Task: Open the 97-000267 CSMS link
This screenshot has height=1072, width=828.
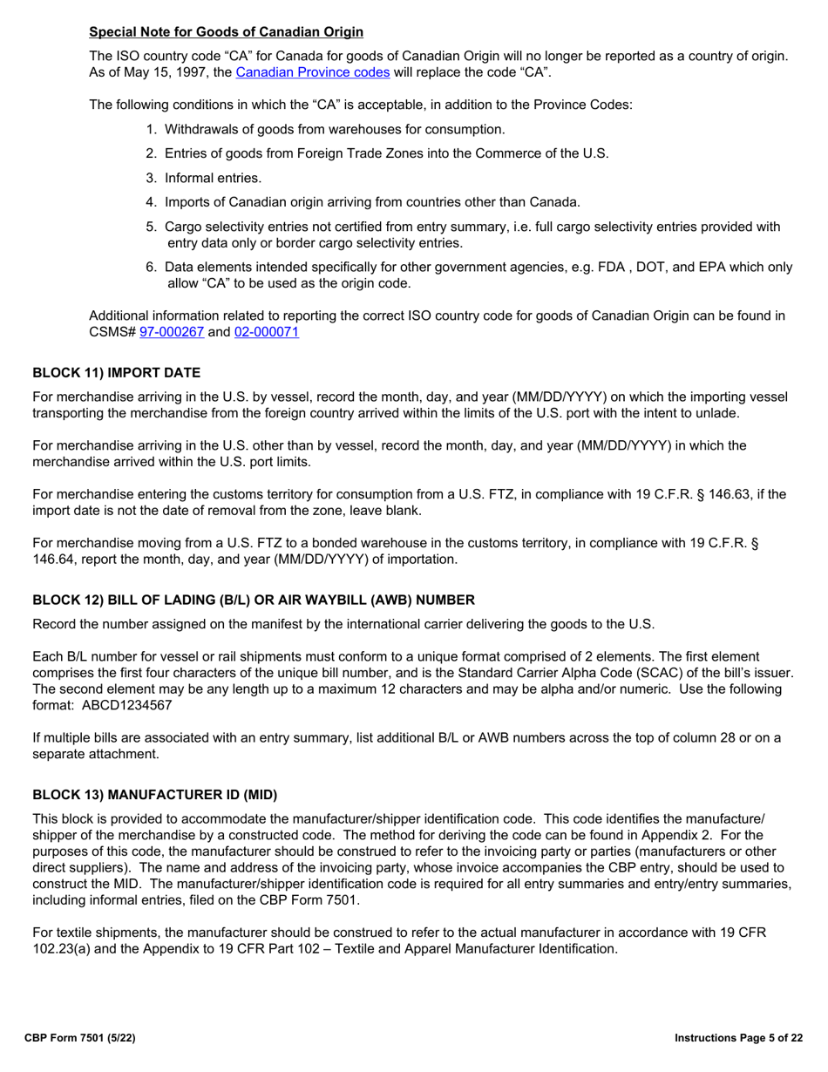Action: point(172,331)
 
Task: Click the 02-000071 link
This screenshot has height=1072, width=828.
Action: point(267,331)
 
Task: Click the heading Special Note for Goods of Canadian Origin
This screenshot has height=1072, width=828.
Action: point(226,32)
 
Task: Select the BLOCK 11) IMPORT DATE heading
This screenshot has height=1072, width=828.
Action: point(116,373)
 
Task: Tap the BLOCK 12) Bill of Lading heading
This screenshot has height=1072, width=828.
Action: point(254,600)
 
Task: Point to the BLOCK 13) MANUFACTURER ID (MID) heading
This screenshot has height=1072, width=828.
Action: point(154,795)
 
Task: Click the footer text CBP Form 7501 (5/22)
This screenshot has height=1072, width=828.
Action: point(79,1038)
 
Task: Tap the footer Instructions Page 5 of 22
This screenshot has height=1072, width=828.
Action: point(739,1038)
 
